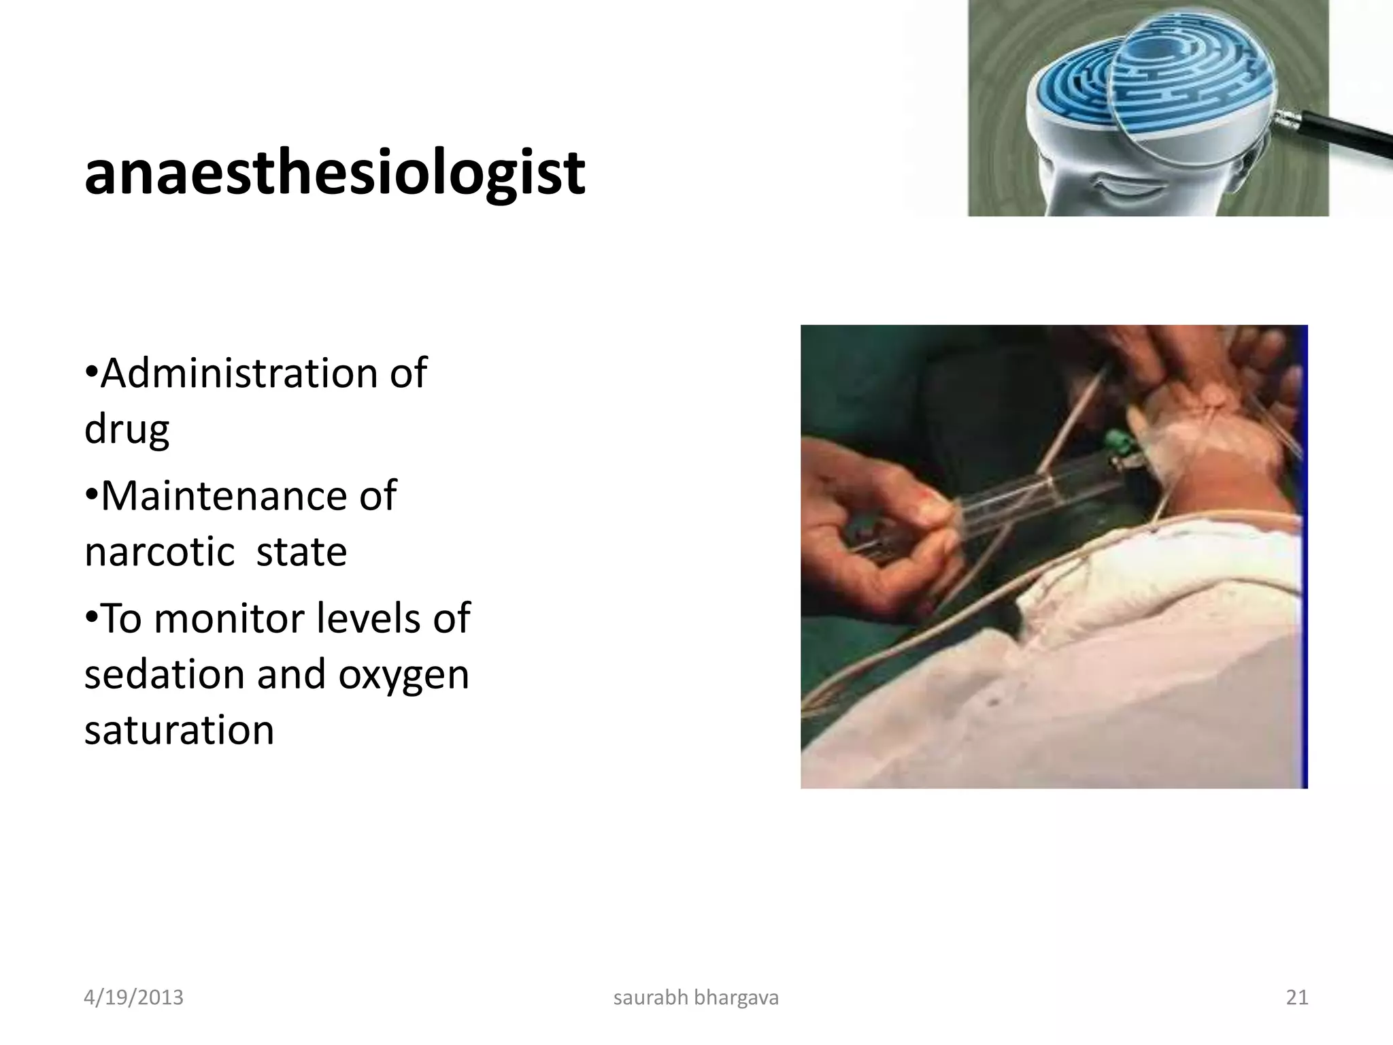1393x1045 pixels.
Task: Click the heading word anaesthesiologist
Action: [x=334, y=173]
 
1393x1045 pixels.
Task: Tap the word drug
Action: [x=127, y=430]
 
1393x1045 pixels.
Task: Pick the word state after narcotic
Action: [x=301, y=551]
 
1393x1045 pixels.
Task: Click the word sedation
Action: [x=163, y=674]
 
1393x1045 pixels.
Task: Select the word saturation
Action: [x=179, y=730]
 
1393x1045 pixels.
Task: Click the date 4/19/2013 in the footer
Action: [x=133, y=997]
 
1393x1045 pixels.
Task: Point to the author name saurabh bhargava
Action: [x=696, y=997]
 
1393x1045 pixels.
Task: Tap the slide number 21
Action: [x=1296, y=997]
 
